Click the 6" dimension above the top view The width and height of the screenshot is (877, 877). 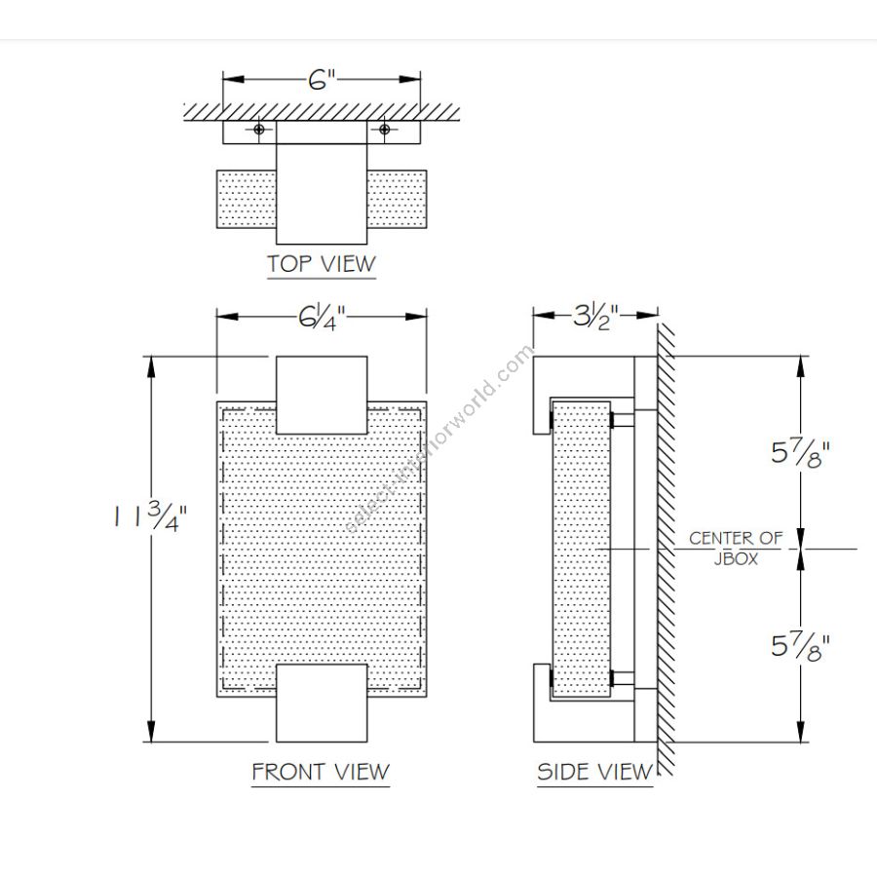point(322,80)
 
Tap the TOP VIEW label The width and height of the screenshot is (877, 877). point(321,264)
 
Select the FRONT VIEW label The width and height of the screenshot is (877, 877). point(321,772)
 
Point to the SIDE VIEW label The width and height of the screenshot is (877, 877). point(594,772)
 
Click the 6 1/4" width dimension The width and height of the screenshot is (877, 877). point(322,318)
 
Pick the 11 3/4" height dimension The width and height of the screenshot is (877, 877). point(150,516)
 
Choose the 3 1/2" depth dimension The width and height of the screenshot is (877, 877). point(595,317)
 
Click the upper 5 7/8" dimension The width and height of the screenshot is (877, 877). point(800,452)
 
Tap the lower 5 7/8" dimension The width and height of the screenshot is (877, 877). point(800,646)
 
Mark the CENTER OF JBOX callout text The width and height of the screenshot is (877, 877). point(736,548)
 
